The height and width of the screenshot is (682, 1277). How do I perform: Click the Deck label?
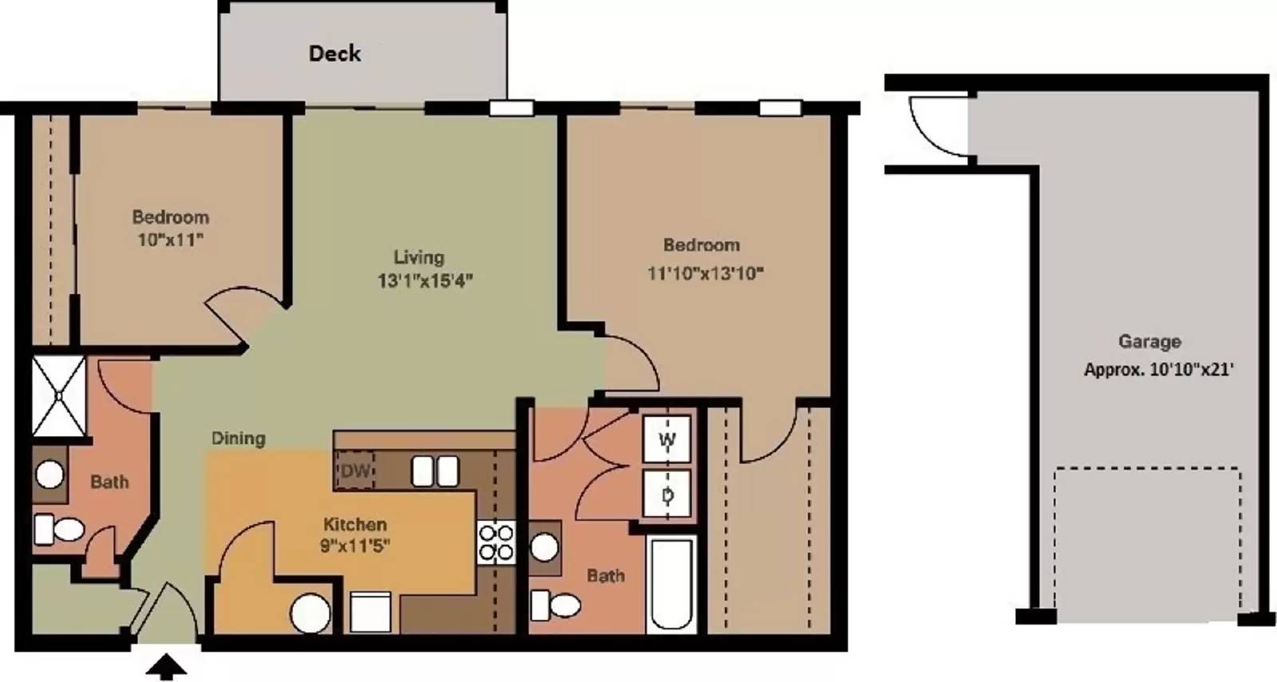coord(334,54)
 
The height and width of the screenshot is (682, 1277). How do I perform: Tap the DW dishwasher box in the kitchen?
coord(354,470)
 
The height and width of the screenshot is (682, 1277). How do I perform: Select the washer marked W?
coord(666,439)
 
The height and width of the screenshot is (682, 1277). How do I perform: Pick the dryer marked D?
coord(666,494)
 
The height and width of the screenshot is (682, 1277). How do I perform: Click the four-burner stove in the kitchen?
coord(496,542)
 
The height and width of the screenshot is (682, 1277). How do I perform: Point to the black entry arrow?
coord(166,667)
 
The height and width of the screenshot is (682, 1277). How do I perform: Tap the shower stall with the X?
coord(59,396)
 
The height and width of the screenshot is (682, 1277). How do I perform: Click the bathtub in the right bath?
coord(672,585)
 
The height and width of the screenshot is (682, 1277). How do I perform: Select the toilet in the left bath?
coord(59,529)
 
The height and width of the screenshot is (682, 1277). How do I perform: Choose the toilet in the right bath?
coord(555,605)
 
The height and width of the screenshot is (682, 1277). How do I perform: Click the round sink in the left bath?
coord(49,474)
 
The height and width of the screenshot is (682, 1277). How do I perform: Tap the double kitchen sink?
coord(435,471)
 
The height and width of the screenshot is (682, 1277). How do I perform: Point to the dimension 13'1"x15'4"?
coord(425,280)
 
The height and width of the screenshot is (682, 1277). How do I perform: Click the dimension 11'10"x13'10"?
coord(706,273)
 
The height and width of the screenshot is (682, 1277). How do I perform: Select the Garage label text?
coord(1149,342)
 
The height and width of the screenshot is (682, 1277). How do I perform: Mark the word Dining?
coord(239,438)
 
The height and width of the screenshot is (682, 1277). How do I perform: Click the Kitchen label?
coord(354,524)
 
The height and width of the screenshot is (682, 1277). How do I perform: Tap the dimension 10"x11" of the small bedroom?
coord(170,240)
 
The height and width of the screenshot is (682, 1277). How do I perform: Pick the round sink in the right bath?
coord(544,547)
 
